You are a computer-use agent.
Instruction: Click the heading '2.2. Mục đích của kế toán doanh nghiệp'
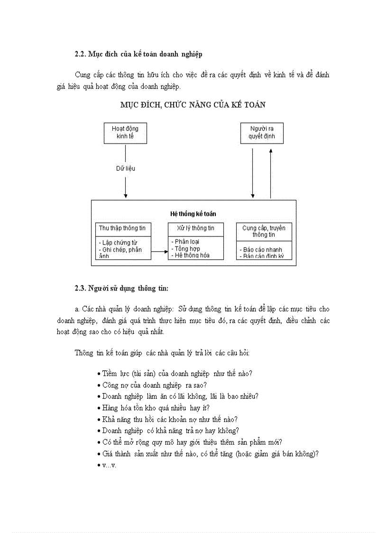[x=138, y=54]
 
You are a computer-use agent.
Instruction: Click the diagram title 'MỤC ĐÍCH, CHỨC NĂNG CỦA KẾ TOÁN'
[x=193, y=105]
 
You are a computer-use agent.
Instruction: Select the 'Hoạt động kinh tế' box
[x=125, y=133]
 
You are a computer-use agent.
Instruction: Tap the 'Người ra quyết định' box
[x=261, y=133]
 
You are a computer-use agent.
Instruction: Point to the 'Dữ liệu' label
[x=126, y=168]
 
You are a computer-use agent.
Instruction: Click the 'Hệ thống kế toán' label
[x=193, y=214]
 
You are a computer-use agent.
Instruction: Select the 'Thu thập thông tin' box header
[x=122, y=228]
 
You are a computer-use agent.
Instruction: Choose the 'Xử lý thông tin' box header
[x=195, y=228]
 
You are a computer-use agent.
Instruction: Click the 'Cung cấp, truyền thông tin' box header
[x=264, y=231]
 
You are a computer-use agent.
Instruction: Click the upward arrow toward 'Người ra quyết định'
[x=271, y=173]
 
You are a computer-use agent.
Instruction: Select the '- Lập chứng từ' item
[x=118, y=243]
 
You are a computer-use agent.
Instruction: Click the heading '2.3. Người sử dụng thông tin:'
[x=121, y=288]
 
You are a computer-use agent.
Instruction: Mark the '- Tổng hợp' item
[x=185, y=249]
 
